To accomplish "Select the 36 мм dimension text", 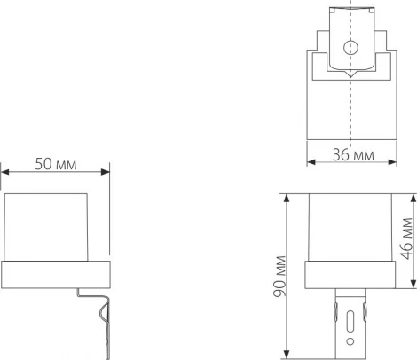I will point(353,155).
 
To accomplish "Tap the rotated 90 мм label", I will point(279,277).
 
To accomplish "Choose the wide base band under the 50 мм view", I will point(55,274).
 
